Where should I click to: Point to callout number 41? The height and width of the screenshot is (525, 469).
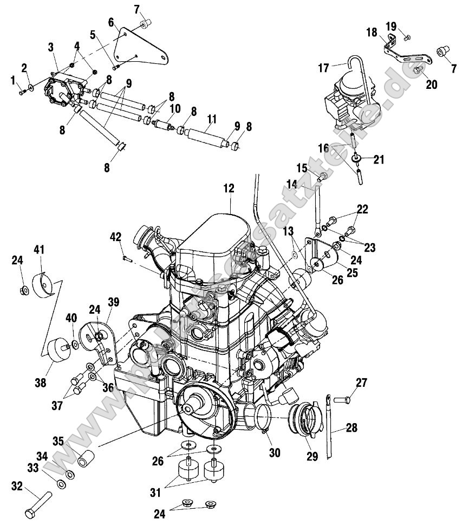(x=39, y=250)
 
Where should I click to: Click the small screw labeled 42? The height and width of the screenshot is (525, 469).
(x=127, y=258)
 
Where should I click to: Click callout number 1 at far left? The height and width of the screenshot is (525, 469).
(x=13, y=81)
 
